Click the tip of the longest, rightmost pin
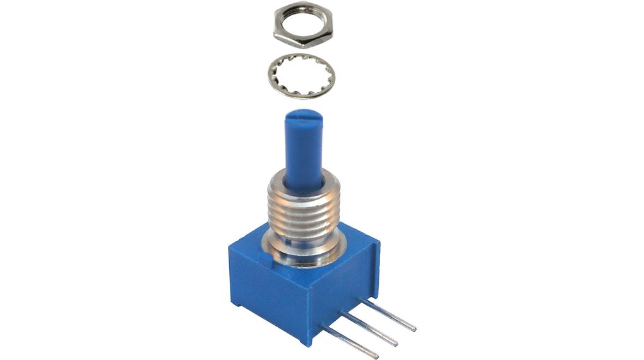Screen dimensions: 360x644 (414, 328)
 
